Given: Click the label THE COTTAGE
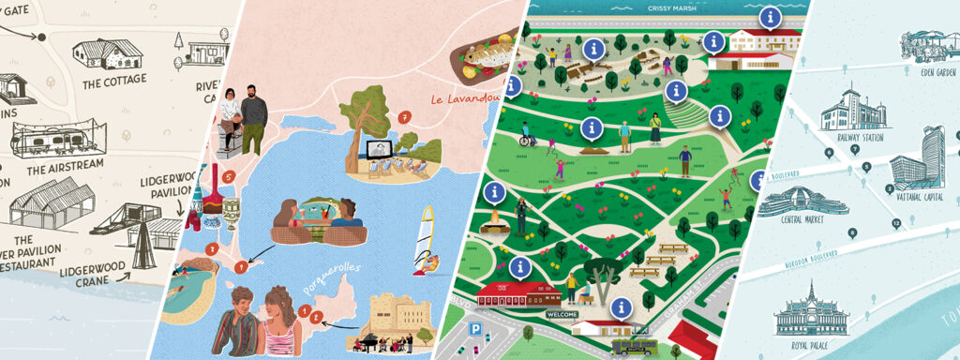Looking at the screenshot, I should (x=113, y=82).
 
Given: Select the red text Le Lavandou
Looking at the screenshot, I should (x=462, y=99).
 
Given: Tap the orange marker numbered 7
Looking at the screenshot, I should (x=404, y=117).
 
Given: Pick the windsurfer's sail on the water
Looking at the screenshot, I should (x=427, y=230).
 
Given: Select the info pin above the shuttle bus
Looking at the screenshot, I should (x=620, y=307).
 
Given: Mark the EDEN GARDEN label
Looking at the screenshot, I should (x=937, y=72).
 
